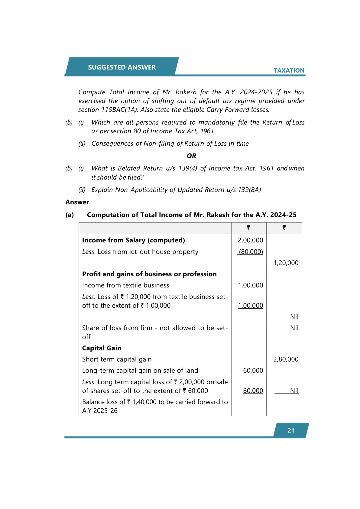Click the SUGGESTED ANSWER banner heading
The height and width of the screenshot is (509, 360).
click(x=122, y=67)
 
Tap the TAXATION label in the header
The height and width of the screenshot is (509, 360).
click(x=289, y=70)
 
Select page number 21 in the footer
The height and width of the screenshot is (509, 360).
click(x=291, y=430)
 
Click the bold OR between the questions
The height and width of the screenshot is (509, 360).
click(x=191, y=156)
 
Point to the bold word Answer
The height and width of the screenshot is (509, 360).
click(x=77, y=202)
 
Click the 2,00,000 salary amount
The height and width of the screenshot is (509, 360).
click(x=250, y=240)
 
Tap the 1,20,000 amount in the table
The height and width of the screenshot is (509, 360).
click(x=286, y=263)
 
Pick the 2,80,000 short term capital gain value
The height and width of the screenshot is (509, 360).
click(x=286, y=359)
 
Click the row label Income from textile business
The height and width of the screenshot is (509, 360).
click(x=125, y=285)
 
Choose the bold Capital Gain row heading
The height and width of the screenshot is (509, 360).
click(x=102, y=348)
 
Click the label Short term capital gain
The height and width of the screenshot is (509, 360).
click(x=117, y=359)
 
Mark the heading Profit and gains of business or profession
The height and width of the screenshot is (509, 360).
click(x=149, y=274)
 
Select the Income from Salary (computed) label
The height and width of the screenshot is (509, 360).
click(x=133, y=240)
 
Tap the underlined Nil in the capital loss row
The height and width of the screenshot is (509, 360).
click(x=294, y=391)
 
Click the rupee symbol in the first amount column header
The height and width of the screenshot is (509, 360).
click(x=249, y=228)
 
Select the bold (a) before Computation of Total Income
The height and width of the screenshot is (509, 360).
click(x=70, y=215)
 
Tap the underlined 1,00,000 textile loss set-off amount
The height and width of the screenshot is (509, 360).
click(x=250, y=306)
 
